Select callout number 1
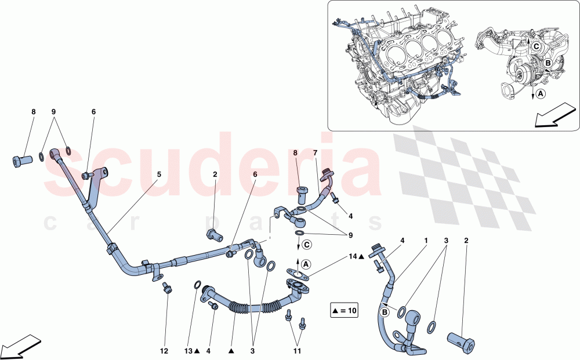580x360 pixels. click(425, 239)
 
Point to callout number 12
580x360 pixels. click(164, 351)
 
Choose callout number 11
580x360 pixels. click(296, 351)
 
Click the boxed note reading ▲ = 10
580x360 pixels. click(345, 311)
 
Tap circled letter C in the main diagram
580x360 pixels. click(307, 244)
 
